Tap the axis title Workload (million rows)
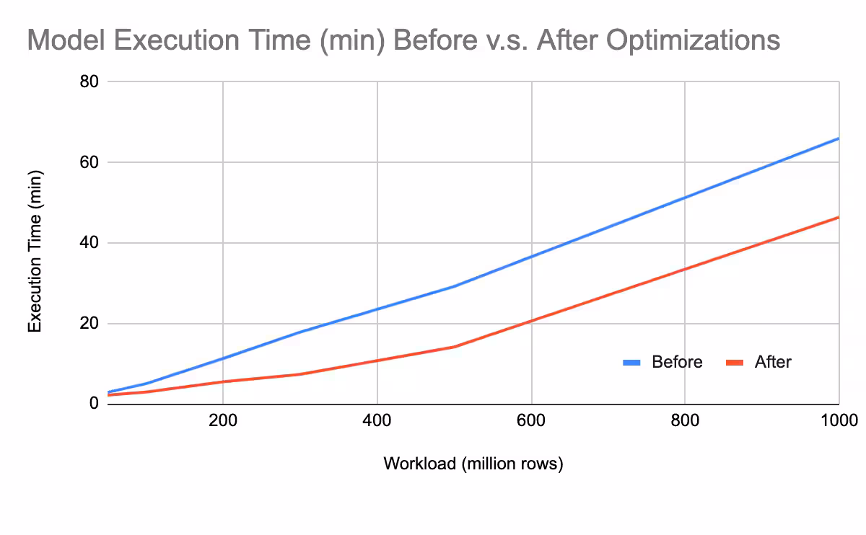[x=473, y=464]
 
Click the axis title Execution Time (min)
[x=35, y=251]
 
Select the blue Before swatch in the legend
[x=633, y=363]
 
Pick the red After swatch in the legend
[x=735, y=363]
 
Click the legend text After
[x=773, y=362]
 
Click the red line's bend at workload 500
[x=454, y=347]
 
